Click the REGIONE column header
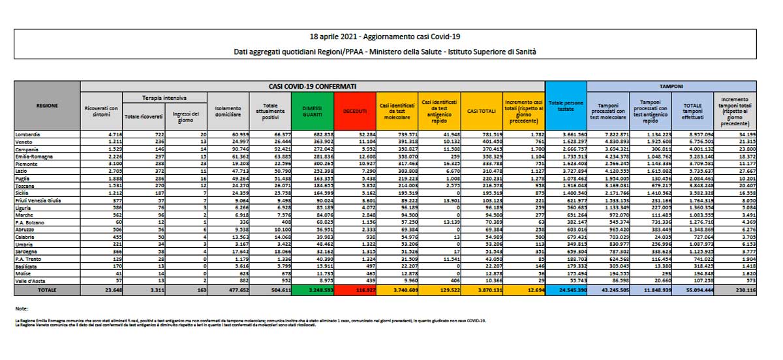coord(46,104)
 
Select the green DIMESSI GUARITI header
coord(312,112)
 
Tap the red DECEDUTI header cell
coord(355,112)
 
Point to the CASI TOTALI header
coord(480,112)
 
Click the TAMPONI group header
coord(672,85)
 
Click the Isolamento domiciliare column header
coord(228,112)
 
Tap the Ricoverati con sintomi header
coord(101,112)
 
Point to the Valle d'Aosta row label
coord(32,280)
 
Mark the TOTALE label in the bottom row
coord(46,288)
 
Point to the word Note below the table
coord(22,308)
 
